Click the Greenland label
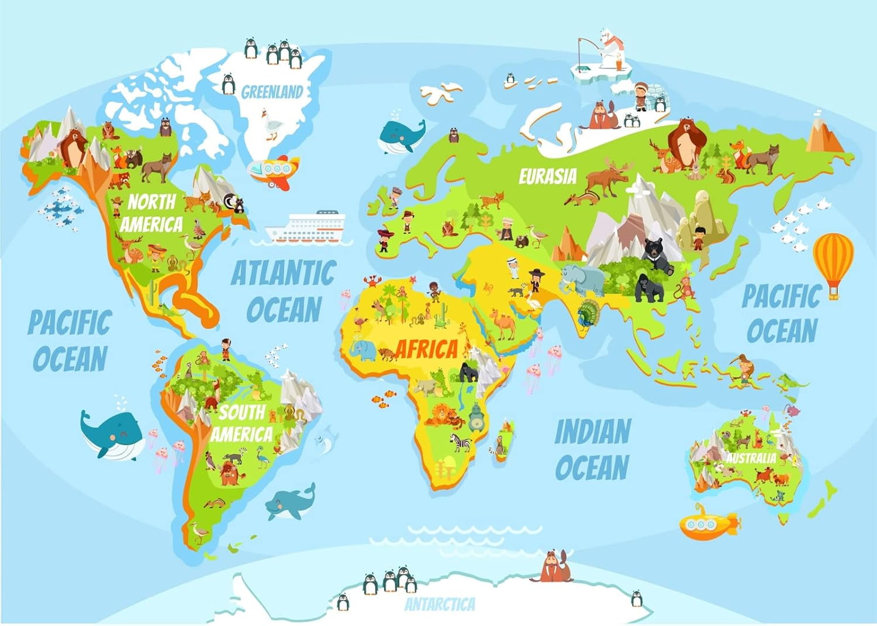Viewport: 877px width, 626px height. (x=272, y=92)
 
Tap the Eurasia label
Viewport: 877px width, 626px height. (x=547, y=176)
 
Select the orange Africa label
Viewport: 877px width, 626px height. (x=427, y=349)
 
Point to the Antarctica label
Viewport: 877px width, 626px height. (x=440, y=604)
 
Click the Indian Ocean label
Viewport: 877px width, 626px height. (x=592, y=449)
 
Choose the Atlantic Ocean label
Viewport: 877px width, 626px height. (x=284, y=291)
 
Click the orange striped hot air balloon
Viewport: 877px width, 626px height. (x=833, y=260)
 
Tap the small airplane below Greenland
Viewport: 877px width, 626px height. (x=273, y=170)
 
